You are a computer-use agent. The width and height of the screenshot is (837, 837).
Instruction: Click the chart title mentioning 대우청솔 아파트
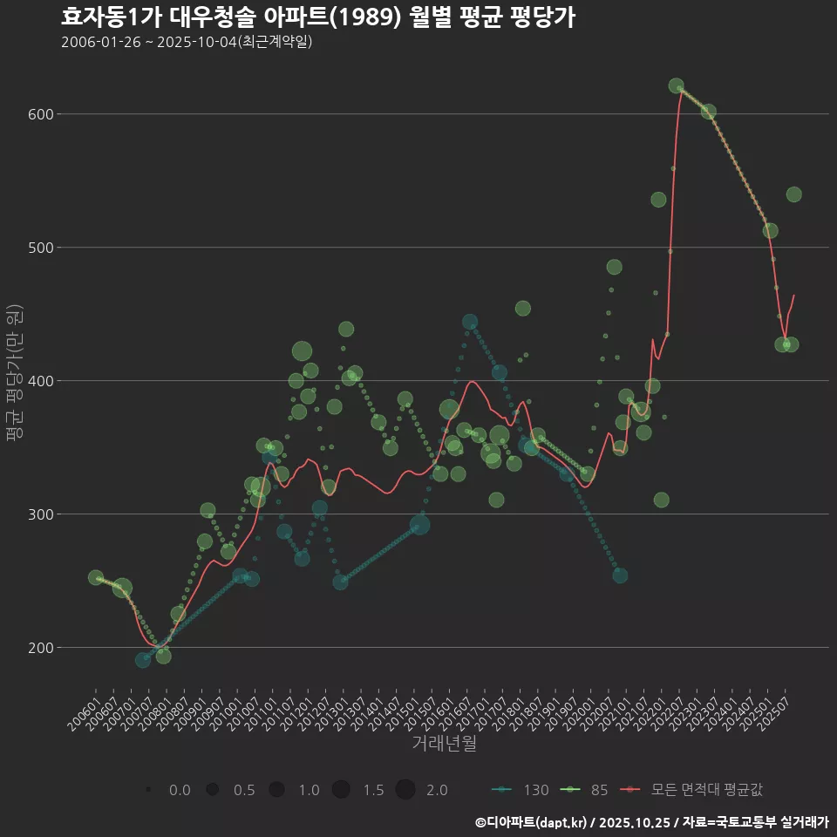[x=317, y=17]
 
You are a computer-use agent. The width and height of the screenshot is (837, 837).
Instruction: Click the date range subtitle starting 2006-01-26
[x=187, y=42]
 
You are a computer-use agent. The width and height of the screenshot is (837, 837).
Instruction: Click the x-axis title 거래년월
[x=444, y=744]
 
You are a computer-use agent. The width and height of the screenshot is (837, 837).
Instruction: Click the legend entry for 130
[x=521, y=790]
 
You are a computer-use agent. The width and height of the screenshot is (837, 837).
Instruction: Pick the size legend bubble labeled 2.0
[x=405, y=790]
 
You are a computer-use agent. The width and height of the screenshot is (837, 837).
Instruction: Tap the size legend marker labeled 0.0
[x=149, y=790]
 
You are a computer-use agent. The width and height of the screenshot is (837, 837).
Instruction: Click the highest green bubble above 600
[x=676, y=85]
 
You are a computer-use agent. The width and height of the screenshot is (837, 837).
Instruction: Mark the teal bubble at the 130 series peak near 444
[x=470, y=322]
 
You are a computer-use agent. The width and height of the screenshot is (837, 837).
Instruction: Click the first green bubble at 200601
[x=96, y=577]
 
